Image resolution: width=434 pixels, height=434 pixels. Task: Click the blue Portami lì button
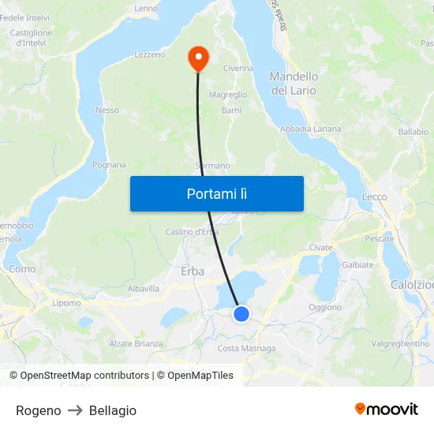click(x=216, y=193)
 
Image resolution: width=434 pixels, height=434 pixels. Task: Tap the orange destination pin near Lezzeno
click(x=196, y=57)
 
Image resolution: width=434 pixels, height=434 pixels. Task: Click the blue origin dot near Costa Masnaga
click(x=241, y=314)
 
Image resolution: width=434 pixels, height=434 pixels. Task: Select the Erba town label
click(x=193, y=271)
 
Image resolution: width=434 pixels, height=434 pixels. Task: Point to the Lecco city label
click(x=374, y=196)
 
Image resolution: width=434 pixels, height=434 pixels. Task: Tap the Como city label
click(x=22, y=269)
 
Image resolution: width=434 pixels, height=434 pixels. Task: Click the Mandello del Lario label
click(x=294, y=84)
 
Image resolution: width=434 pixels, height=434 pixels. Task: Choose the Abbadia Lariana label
click(x=311, y=129)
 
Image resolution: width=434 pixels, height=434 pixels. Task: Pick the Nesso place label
click(x=107, y=110)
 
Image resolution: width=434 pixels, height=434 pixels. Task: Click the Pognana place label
click(x=109, y=165)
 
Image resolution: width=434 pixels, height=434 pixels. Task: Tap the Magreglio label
click(x=228, y=95)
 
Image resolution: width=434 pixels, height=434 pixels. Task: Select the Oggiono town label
click(x=325, y=308)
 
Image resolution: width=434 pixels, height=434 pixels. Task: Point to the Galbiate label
click(x=357, y=265)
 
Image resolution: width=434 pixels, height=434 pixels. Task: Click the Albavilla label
click(x=144, y=290)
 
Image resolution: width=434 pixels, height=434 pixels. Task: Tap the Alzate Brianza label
click(x=136, y=344)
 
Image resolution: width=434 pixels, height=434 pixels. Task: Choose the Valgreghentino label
click(x=400, y=344)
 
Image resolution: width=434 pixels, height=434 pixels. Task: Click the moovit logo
click(x=387, y=409)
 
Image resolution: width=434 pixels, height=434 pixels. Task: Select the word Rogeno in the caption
click(x=38, y=410)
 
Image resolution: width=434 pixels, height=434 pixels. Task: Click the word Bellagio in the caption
click(x=113, y=410)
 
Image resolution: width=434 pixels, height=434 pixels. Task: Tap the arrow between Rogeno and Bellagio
click(x=75, y=410)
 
